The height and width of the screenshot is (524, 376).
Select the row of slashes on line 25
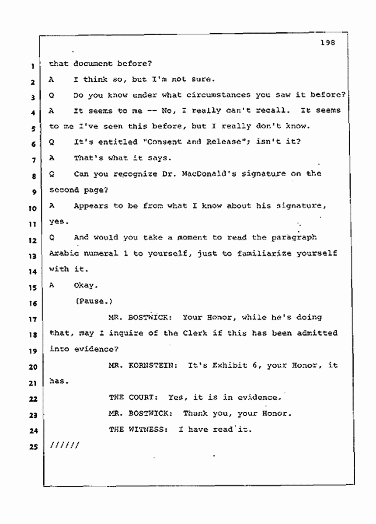tap(64, 445)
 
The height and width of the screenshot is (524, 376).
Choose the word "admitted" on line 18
tap(318, 333)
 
